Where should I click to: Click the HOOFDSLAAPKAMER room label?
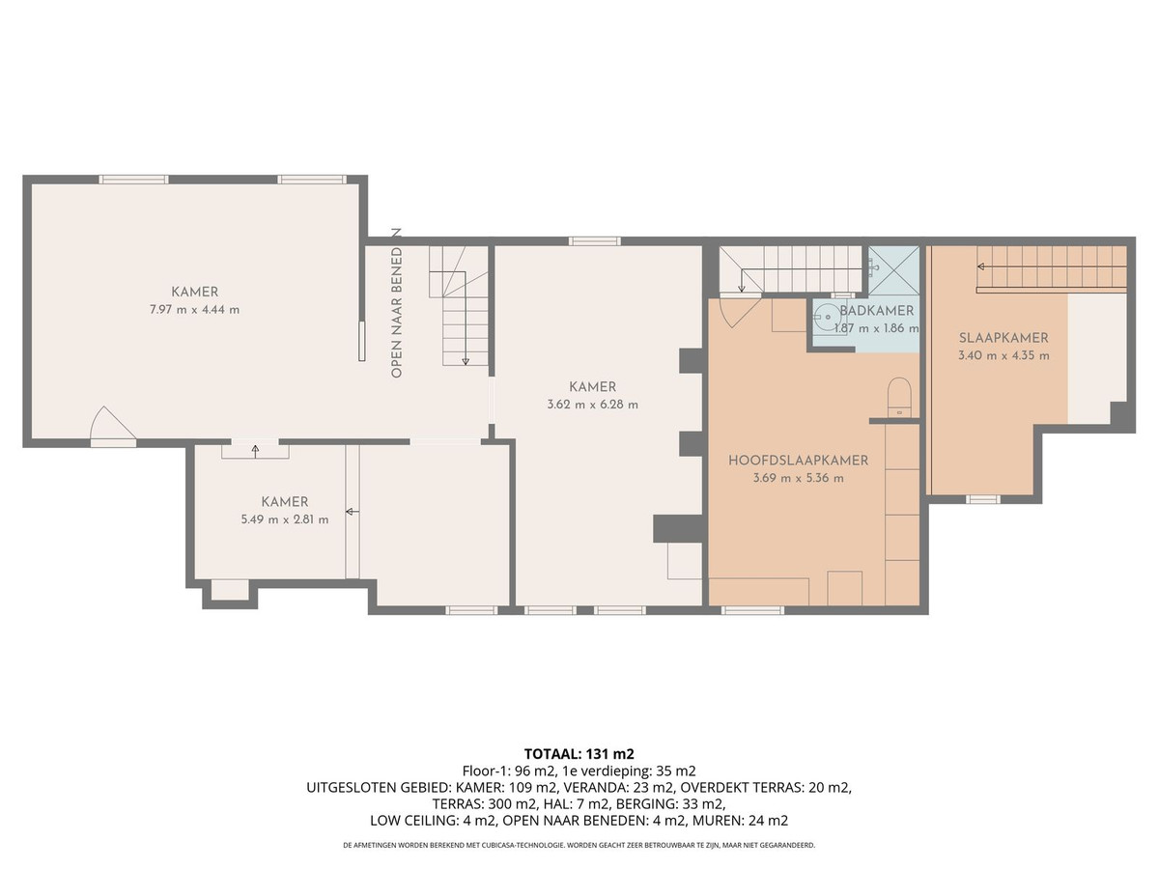coord(798,461)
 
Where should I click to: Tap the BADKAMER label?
coord(876,311)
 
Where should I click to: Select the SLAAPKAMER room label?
coord(1004,338)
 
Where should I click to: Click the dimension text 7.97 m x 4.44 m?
coord(194,309)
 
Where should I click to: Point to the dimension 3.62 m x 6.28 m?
coord(592,405)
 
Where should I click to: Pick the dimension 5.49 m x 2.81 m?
coord(284,519)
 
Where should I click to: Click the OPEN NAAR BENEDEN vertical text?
coord(395,305)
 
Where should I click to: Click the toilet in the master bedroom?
coord(899,396)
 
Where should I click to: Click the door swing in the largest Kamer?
coord(111,425)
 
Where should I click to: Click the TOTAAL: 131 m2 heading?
coord(579,753)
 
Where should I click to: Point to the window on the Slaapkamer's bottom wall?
coord(982,499)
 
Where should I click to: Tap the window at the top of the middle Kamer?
coord(593,240)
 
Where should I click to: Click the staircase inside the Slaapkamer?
coord(1051,267)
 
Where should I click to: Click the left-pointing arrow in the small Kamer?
coord(348,512)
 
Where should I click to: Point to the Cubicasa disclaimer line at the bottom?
coord(579,844)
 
